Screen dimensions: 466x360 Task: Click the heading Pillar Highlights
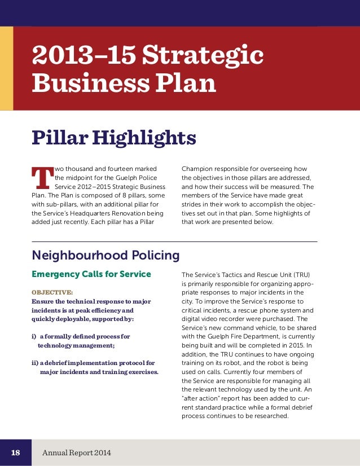(114, 137)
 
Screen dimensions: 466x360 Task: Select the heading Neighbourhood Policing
(106, 256)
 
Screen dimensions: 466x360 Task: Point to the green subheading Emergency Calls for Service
(91, 274)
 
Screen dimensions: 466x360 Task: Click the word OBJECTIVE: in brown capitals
(52, 293)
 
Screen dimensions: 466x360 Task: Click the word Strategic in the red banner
(214, 56)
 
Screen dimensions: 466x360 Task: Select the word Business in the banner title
(80, 83)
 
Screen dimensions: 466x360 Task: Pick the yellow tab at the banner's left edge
(6, 68)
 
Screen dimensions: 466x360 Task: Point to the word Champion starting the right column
(199, 168)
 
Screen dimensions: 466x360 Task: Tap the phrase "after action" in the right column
(202, 398)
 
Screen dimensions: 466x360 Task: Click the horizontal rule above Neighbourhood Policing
(174, 241)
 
